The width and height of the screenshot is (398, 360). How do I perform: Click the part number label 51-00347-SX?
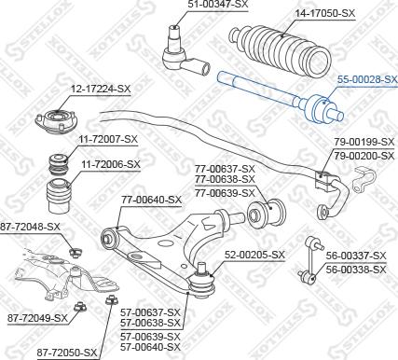218,6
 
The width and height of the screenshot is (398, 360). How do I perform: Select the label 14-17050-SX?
325,13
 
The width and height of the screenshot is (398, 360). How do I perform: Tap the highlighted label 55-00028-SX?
365,82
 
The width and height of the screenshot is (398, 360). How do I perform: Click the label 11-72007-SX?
107,139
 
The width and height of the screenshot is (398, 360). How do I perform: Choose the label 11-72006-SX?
110,164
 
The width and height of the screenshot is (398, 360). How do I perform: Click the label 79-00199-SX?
365,142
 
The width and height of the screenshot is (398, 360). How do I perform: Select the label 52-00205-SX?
253,254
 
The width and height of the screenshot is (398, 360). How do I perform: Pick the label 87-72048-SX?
30,227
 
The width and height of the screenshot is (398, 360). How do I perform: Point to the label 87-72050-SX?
67,352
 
